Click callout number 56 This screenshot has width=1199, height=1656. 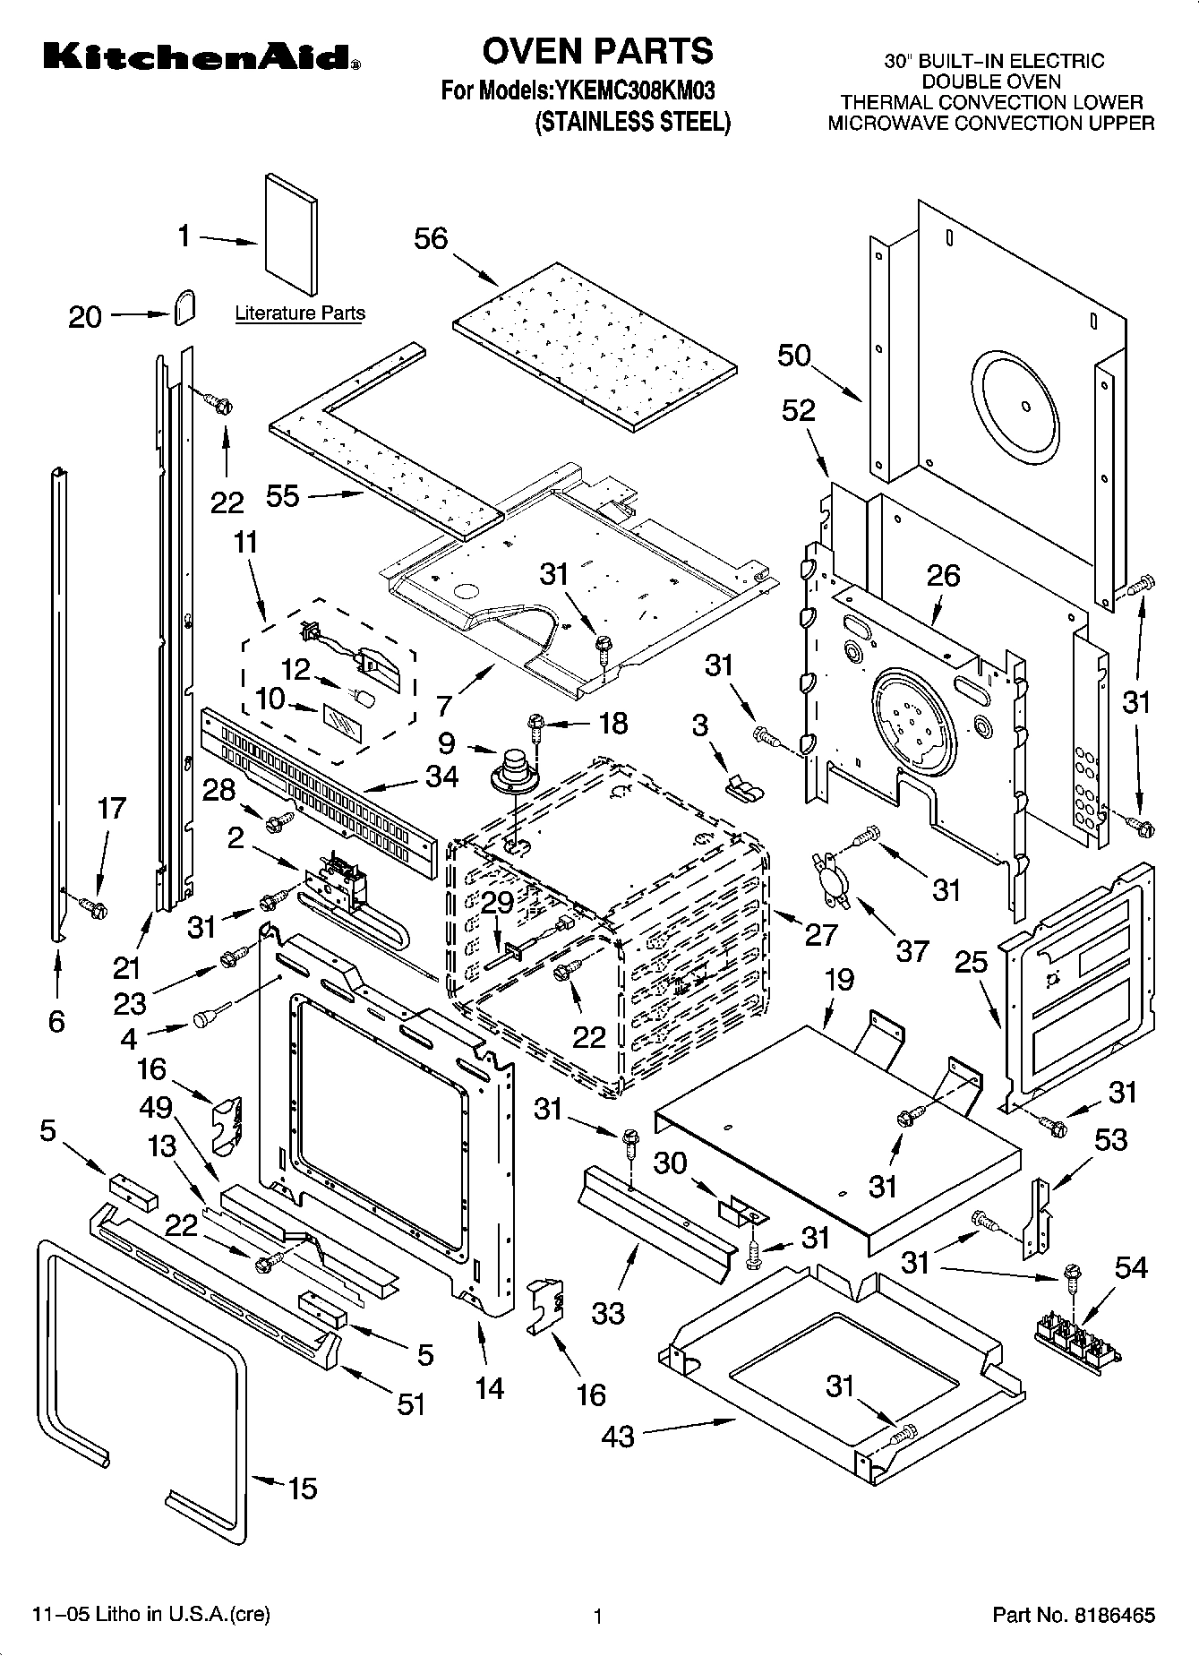(431, 239)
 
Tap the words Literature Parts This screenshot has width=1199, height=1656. (300, 313)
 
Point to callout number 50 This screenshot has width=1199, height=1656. (793, 356)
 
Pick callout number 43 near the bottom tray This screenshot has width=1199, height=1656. (618, 1437)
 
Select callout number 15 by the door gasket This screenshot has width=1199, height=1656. (303, 1489)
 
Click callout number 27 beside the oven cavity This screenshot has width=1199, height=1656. (820, 934)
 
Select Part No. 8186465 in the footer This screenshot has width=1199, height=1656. (1073, 1616)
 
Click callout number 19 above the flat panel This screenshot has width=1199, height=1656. (839, 980)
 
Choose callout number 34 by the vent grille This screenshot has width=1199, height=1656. (441, 777)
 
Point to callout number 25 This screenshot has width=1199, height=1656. (971, 963)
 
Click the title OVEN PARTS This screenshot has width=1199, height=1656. (597, 51)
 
